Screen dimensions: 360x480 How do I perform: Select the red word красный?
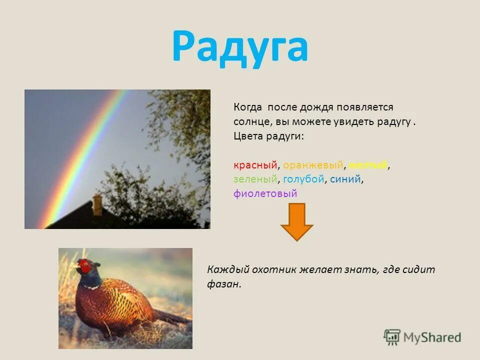(255, 165)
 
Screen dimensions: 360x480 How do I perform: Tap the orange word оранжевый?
(313, 165)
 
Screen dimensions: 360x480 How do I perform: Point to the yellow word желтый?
(368, 165)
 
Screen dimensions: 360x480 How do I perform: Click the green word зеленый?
(254, 179)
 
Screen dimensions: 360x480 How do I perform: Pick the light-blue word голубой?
(303, 179)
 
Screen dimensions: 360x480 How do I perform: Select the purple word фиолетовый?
(265, 193)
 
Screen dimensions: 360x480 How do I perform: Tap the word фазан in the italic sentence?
(223, 284)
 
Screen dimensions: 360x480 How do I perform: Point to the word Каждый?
(224, 270)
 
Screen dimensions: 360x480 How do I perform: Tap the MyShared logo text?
(432, 337)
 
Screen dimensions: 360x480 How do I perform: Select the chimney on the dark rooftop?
(97, 204)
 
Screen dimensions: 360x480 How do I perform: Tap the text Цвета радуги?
(268, 136)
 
